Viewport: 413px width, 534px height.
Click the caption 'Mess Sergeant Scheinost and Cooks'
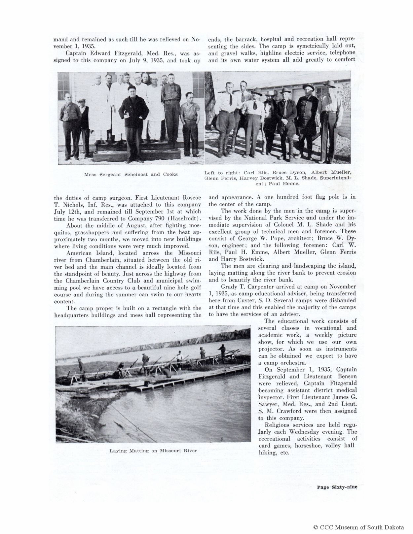[131, 174]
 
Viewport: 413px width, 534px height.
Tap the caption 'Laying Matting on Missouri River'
[153, 451]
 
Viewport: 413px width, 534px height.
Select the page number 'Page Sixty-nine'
[337, 486]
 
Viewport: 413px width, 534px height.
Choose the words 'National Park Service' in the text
[275, 218]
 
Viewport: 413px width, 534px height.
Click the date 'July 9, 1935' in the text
[149, 60]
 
